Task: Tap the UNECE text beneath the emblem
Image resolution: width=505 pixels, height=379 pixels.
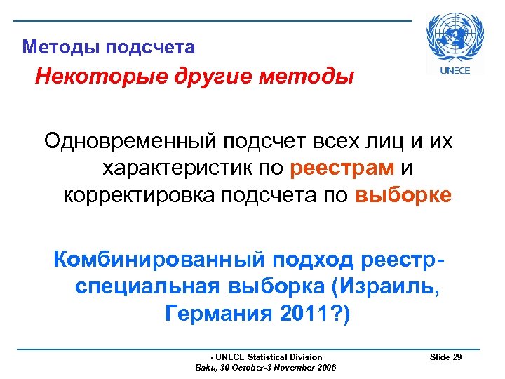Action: click(x=454, y=69)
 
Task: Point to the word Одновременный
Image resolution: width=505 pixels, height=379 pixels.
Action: click(x=130, y=142)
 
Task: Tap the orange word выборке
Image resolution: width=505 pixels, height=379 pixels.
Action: click(x=403, y=194)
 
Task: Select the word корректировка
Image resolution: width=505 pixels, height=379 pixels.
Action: click(x=139, y=194)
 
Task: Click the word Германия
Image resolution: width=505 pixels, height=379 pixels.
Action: click(x=218, y=314)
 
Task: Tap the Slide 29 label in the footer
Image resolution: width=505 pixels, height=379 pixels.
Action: click(x=445, y=357)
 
